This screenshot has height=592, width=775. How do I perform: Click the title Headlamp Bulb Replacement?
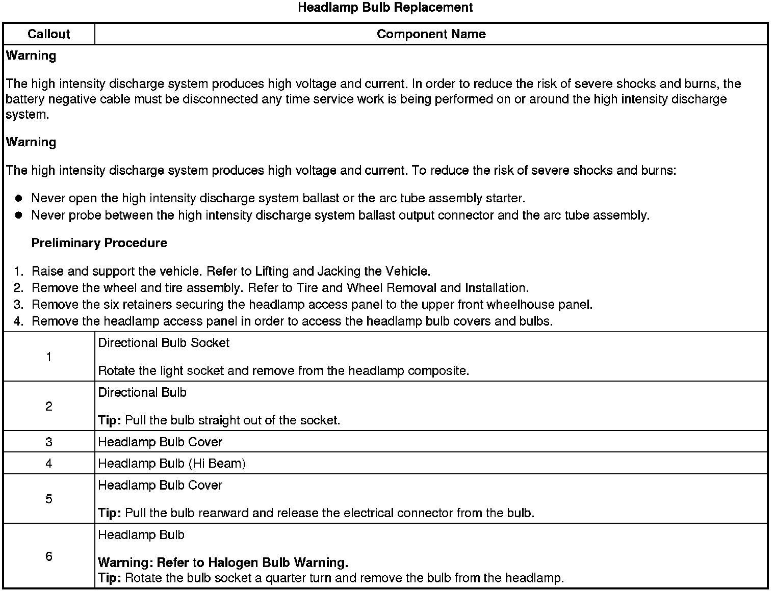[x=385, y=8]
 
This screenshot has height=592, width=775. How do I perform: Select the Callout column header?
[x=48, y=34]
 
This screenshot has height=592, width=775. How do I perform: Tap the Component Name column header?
[x=431, y=34]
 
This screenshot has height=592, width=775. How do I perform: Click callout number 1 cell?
[x=49, y=357]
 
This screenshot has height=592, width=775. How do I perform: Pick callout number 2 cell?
[x=49, y=407]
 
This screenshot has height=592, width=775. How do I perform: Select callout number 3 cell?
[x=49, y=442]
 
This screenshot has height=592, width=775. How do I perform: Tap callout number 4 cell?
[x=49, y=464]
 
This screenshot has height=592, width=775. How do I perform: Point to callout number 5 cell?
[x=49, y=499]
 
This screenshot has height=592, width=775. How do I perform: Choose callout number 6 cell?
[x=49, y=556]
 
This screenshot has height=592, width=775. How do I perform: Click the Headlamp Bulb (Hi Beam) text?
[x=172, y=464]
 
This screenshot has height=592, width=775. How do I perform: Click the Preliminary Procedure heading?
[x=99, y=243]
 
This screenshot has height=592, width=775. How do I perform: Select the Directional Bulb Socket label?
[x=164, y=343]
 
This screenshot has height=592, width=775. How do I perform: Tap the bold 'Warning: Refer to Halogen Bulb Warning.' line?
[x=223, y=563]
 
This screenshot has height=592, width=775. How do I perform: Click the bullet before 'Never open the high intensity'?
[x=19, y=198]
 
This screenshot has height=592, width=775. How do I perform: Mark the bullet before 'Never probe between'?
[x=19, y=215]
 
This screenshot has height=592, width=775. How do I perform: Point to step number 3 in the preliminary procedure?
[x=18, y=305]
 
